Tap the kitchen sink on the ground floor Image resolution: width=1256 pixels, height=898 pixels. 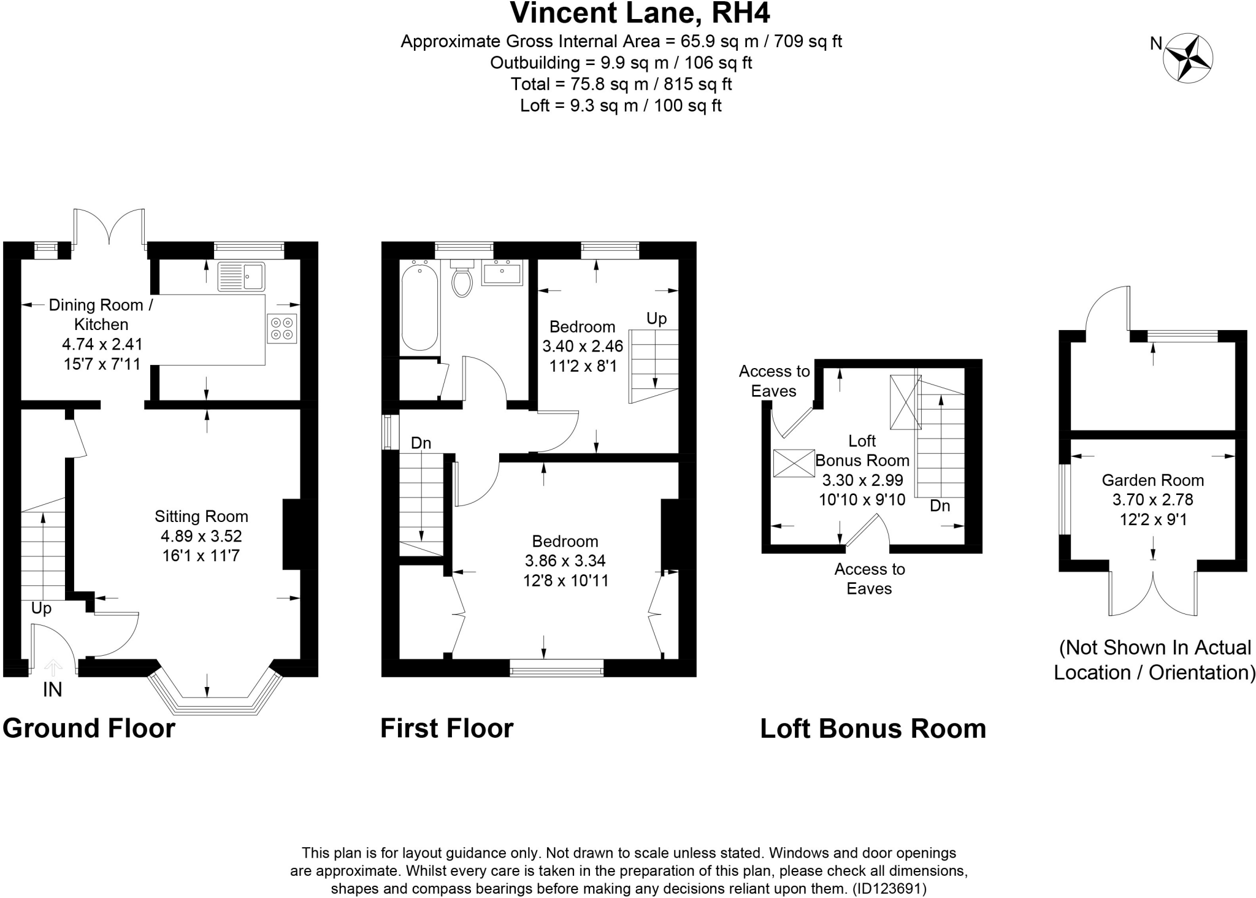tap(241, 276)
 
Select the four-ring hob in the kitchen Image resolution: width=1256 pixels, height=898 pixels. tap(282, 328)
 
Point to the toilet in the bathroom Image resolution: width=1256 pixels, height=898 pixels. tap(462, 280)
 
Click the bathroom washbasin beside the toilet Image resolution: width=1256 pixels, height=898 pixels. tap(502, 273)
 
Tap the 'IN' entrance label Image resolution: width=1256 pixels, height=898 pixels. tap(53, 690)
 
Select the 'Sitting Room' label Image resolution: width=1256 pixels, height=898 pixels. tap(201, 516)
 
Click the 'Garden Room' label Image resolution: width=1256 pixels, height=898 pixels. tap(1152, 480)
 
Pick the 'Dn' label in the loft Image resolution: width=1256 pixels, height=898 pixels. tap(940, 506)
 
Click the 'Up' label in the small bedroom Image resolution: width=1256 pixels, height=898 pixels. tap(656, 319)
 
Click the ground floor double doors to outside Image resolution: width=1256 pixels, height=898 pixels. tap(109, 228)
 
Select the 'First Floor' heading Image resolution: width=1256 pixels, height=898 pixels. tap(446, 729)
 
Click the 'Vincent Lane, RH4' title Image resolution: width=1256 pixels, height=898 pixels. tap(640, 13)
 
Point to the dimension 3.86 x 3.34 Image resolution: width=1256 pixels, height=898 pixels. tap(565, 561)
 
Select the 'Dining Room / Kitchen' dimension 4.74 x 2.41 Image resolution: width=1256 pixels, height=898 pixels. tap(102, 344)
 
